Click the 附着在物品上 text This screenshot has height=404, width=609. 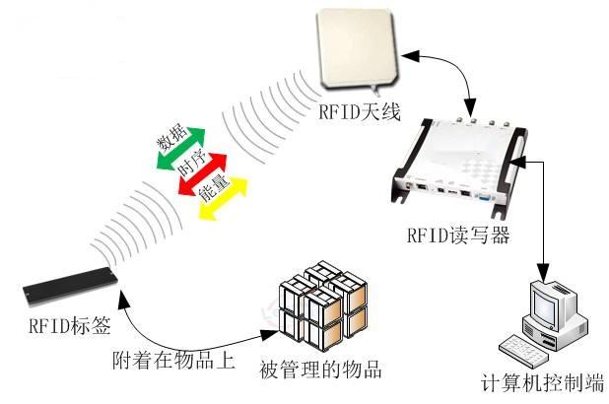coord(173,360)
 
